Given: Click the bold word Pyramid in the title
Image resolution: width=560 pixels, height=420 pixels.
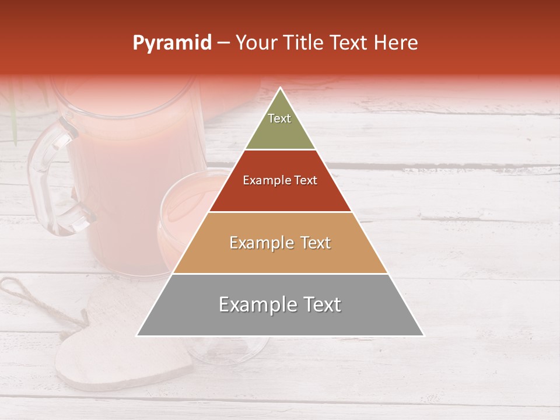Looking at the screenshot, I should [171, 43].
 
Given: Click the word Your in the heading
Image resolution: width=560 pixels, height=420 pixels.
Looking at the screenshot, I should [254, 43].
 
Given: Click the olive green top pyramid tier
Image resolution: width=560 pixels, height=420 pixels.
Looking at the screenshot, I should [280, 125].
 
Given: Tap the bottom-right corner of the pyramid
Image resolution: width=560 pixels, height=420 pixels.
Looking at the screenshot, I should [423, 335].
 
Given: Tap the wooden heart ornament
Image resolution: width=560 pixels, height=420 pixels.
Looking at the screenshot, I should [117, 350].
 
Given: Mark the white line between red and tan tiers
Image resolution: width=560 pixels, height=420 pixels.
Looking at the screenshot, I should [280, 212].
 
